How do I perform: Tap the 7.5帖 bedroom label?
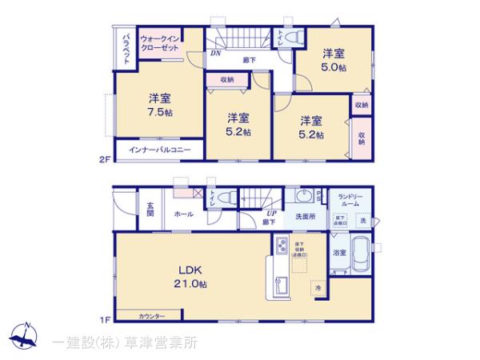pyautogui.click(x=159, y=105)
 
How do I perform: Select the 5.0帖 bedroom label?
pyautogui.click(x=334, y=61)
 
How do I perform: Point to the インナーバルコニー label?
pyautogui.click(x=160, y=150)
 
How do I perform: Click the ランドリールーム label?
pyautogui.click(x=351, y=201)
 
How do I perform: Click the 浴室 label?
pyautogui.click(x=339, y=253)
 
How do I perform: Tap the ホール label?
pyautogui.click(x=183, y=214)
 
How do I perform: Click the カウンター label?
pyautogui.click(x=152, y=316)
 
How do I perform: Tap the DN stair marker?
pyautogui.click(x=216, y=54)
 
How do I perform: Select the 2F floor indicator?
pyautogui.click(x=103, y=160)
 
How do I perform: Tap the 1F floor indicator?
pyautogui.click(x=103, y=320)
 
